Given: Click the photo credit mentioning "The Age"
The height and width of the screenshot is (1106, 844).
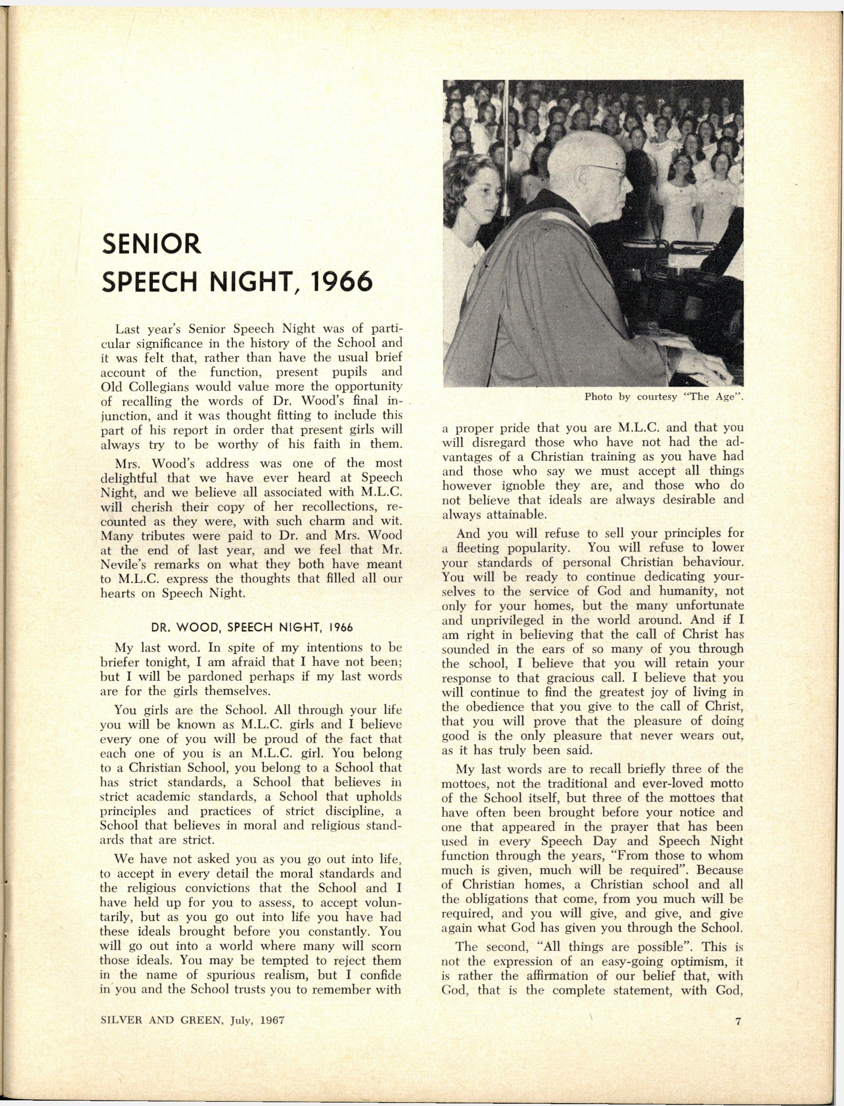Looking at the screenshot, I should tap(663, 397).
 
